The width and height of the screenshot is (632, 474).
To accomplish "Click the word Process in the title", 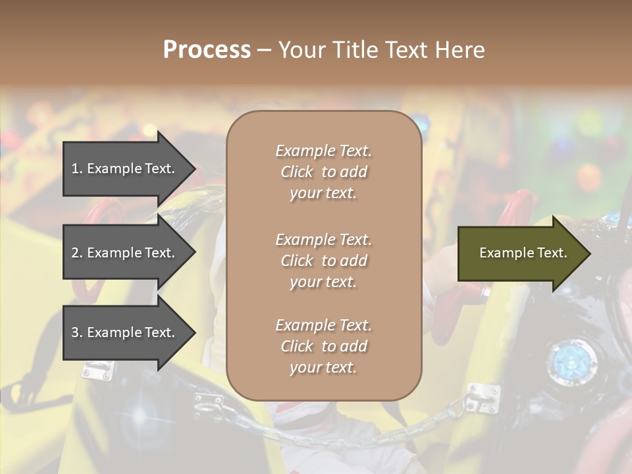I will (x=207, y=50).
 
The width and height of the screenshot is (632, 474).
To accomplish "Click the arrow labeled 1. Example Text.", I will (x=125, y=169).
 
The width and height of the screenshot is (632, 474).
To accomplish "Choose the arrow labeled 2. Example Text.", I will (x=125, y=253).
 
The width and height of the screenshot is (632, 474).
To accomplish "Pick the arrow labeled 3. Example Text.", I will (x=125, y=332).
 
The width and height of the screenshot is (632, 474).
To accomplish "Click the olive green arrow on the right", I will (x=520, y=253).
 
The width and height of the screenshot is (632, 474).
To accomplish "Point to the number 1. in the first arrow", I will (x=77, y=169).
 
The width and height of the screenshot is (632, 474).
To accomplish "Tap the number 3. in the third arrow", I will (x=77, y=332).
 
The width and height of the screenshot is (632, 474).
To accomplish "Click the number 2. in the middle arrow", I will (x=77, y=253).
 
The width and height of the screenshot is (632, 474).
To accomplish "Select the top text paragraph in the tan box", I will (x=323, y=172).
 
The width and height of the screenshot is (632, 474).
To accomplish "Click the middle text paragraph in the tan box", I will (x=323, y=261).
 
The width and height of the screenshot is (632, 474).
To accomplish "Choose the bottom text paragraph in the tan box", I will (x=323, y=346).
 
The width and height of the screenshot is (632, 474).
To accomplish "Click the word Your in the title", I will (x=302, y=50).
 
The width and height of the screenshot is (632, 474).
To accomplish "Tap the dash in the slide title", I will (x=264, y=50).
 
